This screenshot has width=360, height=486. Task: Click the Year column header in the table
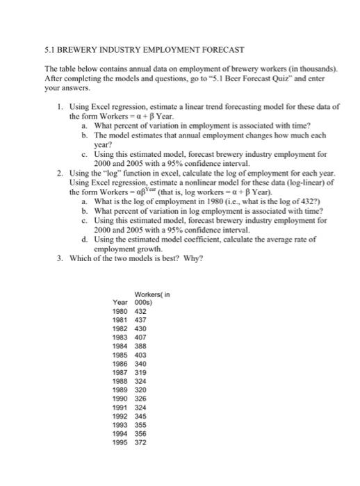(x=120, y=302)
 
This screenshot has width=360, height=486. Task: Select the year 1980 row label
(x=120, y=311)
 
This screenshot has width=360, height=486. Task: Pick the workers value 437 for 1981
(x=140, y=319)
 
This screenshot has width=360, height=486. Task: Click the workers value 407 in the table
(x=140, y=337)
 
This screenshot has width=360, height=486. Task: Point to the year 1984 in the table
(x=120, y=345)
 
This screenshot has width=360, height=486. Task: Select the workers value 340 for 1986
(x=140, y=362)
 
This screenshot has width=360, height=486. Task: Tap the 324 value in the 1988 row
(x=140, y=380)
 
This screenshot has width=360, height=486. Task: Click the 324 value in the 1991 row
(x=140, y=405)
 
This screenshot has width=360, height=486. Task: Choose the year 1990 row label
(x=120, y=397)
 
